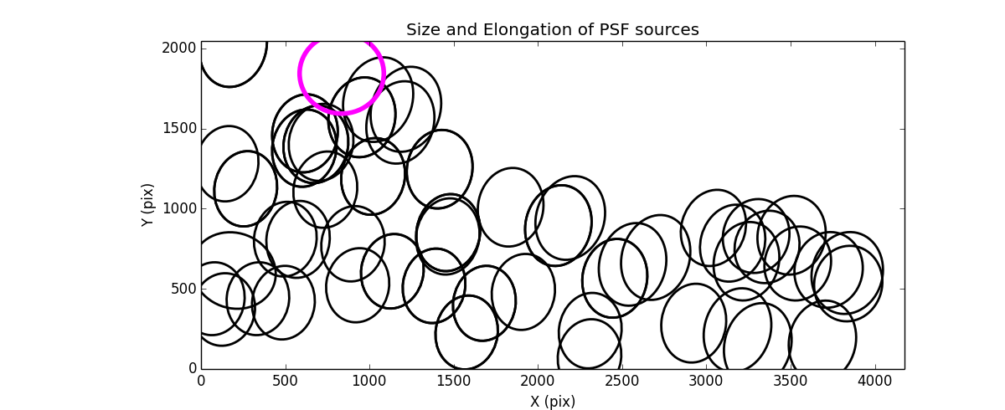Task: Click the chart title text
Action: [552, 30]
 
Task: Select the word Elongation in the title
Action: [518, 30]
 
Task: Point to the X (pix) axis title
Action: [552, 402]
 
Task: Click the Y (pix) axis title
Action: [147, 205]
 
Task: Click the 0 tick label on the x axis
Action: [201, 382]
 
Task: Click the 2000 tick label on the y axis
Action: [180, 49]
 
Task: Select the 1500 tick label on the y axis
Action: [180, 129]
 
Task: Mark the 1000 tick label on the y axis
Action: [180, 208]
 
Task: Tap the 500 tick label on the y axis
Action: [184, 289]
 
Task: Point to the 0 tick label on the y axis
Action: [192, 368]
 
